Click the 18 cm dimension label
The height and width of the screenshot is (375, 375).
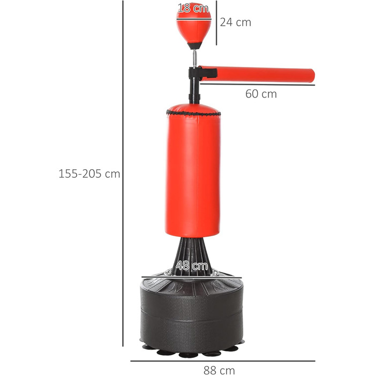point(193,8)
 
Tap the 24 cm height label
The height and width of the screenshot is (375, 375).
point(236,22)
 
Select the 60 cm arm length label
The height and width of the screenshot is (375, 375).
point(261,94)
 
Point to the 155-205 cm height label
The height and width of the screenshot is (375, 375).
point(89,174)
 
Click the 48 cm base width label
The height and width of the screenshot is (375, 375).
point(192,266)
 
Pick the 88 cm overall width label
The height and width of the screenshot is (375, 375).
point(219,370)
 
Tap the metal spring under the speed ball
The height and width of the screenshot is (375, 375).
point(195,58)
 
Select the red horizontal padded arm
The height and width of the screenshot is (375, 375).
point(257,74)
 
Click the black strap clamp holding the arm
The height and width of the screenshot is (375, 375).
point(203,73)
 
